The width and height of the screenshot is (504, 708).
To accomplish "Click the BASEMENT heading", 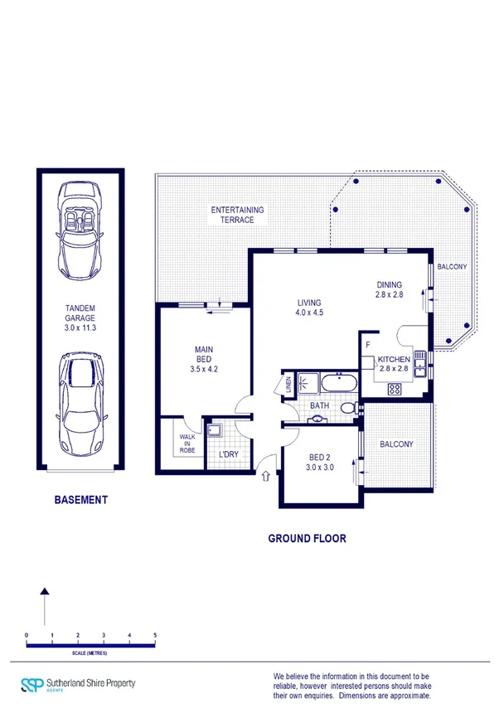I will click(80, 500).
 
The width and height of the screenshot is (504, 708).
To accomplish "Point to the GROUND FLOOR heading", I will click(307, 538).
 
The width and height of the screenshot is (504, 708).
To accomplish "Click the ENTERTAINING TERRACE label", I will click(237, 216).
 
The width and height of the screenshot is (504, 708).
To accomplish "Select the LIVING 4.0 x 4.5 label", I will click(308, 308).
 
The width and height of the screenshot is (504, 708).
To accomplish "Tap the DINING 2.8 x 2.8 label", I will click(389, 290).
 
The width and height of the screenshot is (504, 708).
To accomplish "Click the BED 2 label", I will click(321, 462).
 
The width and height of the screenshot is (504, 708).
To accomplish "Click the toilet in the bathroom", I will click(356, 407).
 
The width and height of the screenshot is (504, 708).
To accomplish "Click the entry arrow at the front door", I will click(266, 476).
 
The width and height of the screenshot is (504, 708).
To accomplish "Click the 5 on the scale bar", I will click(155, 635).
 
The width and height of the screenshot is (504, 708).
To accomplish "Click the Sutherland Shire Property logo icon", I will click(31, 685).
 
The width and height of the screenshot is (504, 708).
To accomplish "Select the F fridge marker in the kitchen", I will click(366, 343).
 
